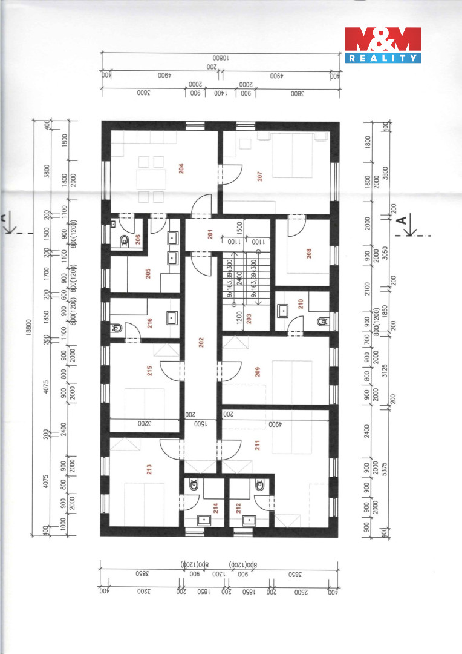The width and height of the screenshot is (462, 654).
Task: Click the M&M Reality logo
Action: click(382, 45)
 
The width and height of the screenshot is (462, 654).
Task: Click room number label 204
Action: click(181, 169)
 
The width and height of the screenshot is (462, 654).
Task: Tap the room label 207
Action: click(259, 177)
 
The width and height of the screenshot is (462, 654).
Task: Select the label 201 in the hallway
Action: click(210, 236)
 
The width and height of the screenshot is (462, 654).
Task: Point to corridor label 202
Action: click(200, 342)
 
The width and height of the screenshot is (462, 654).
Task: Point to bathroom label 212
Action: click(238, 506)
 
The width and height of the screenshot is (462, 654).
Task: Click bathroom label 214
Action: click(214, 507)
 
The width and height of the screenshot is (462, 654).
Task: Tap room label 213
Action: click(149, 469)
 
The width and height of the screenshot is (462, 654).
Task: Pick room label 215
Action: click(149, 371)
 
